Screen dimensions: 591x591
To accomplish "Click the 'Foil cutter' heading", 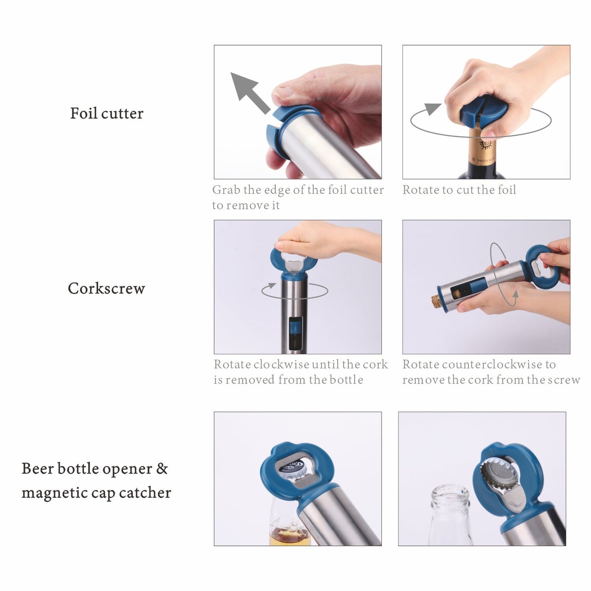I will pos(107,113).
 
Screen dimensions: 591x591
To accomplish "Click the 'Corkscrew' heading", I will pos(106,288).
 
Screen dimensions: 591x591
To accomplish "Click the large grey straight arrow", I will pos(249,92).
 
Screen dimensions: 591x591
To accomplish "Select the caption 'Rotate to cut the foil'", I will pos(459,190).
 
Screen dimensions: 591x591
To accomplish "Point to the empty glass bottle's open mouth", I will pos(450,492).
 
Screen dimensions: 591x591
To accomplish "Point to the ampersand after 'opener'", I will pos(162,469).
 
